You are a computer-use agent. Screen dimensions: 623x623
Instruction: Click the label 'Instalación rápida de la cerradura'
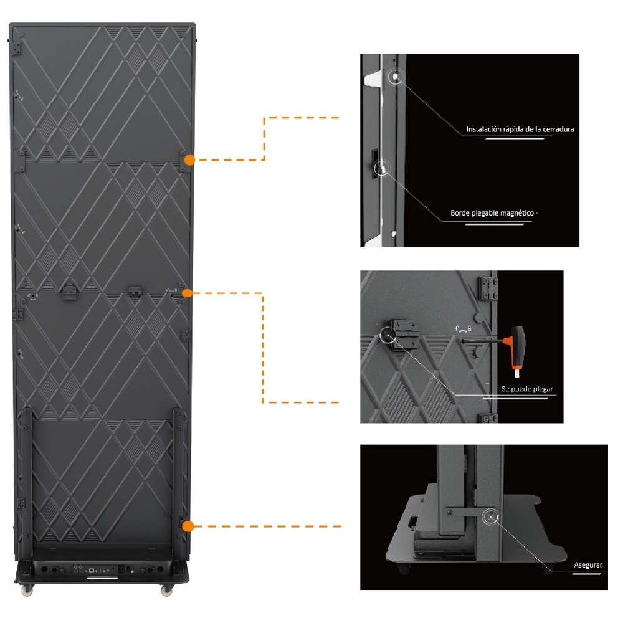[x=520, y=129]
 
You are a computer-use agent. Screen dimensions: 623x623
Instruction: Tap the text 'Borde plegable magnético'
[x=492, y=213]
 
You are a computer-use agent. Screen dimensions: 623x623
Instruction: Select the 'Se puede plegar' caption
[x=527, y=389]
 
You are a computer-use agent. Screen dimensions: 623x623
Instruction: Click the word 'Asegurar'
[x=588, y=565]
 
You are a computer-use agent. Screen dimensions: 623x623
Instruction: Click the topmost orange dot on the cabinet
[x=189, y=159]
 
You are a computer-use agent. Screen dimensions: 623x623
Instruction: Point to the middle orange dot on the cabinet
[x=187, y=293]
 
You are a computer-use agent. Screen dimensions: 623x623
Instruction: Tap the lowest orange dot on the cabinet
[x=188, y=526]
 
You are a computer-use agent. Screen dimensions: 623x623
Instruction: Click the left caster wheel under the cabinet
[x=27, y=591]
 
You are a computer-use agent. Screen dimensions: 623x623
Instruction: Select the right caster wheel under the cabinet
[x=167, y=591]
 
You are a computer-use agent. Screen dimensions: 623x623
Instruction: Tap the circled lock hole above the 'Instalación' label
[x=396, y=76]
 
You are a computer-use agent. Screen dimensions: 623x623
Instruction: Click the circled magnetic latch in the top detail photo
[x=381, y=169]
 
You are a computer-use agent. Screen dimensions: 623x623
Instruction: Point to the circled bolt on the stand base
[x=490, y=517]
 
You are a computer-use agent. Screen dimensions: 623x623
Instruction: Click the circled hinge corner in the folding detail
[x=388, y=335]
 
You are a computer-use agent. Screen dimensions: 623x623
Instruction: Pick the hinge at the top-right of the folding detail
[x=488, y=288]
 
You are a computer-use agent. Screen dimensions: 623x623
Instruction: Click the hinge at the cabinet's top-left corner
[x=17, y=49]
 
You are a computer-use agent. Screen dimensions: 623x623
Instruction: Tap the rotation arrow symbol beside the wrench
[x=463, y=329]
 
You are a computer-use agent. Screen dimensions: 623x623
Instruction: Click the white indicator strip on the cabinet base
[x=102, y=578]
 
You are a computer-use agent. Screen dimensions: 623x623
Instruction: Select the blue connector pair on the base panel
[x=78, y=567]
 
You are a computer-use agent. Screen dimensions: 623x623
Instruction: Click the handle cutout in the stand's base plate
[x=413, y=520]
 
